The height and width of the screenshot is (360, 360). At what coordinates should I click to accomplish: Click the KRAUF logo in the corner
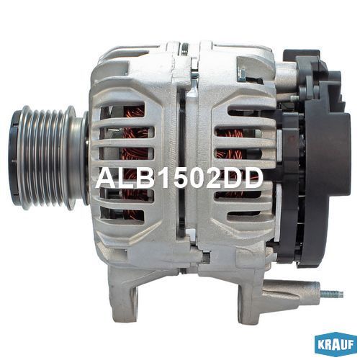click(x=336, y=345)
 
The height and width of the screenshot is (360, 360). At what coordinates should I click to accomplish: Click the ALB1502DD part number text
click(x=179, y=178)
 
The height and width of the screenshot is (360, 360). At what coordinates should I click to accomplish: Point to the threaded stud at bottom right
click(x=332, y=294)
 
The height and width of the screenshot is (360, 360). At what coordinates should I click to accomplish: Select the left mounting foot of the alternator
click(x=123, y=293)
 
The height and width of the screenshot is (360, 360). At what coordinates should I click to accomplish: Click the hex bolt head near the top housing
click(x=242, y=74)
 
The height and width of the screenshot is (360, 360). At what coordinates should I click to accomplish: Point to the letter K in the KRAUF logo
click(x=320, y=345)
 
